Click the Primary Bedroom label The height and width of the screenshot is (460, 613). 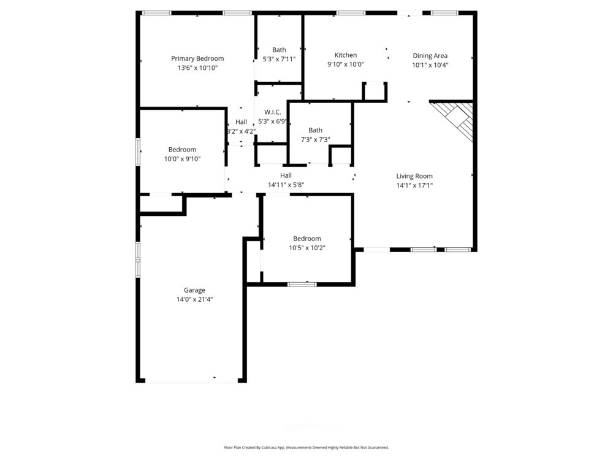[197, 58]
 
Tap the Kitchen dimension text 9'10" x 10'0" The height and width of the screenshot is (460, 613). [345, 64]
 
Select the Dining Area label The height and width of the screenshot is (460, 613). [430, 56]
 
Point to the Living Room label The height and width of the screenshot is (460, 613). [414, 176]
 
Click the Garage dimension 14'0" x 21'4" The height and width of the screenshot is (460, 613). [194, 299]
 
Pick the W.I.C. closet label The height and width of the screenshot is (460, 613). [273, 112]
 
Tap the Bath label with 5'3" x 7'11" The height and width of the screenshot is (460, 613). [279, 50]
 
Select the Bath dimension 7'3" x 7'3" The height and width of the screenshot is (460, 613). [315, 139]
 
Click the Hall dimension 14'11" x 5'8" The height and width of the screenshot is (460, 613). [286, 185]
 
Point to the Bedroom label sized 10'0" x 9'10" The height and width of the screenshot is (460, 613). [182, 150]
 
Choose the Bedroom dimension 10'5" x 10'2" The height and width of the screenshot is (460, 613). [306, 248]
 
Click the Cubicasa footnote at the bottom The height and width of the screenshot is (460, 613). [306, 448]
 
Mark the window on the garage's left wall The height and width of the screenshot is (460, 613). [138, 259]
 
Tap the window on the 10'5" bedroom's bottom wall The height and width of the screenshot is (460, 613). [302, 284]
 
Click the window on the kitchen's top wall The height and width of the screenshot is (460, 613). [351, 13]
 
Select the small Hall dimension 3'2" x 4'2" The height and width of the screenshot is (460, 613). [241, 131]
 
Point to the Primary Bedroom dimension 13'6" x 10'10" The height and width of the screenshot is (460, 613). [197, 67]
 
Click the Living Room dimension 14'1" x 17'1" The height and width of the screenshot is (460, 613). [414, 185]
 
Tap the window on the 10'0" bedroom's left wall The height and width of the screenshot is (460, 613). [138, 151]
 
